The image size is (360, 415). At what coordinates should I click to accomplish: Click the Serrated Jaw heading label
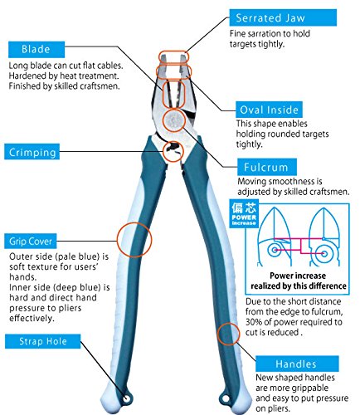283,17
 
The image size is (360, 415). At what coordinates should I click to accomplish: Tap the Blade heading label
36,49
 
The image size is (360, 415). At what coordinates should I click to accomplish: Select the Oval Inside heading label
269,110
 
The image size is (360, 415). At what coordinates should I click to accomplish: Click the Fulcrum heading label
267,167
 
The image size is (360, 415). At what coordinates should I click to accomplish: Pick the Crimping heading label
32,152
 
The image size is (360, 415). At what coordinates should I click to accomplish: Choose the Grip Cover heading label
31,241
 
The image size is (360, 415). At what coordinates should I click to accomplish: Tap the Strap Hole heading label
43,341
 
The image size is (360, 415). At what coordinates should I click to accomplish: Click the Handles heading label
297,364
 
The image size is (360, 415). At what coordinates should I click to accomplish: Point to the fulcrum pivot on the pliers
173,120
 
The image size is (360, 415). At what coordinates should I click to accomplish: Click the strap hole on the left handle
127,398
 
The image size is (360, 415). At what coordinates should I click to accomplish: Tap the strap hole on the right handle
226,399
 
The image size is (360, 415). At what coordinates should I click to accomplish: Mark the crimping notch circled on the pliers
173,151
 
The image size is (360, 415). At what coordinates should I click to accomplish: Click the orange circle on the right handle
228,334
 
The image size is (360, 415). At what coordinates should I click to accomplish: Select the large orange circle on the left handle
134,240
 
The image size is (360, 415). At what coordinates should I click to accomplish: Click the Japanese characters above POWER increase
244,207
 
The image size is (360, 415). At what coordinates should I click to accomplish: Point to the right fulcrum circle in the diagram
324,253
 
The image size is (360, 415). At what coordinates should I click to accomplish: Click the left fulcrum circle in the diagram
275,250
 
